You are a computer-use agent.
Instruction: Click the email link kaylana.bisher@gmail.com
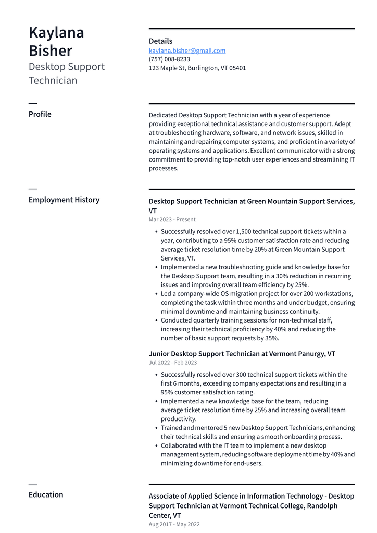tap(187, 51)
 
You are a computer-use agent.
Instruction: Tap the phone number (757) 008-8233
tap(169, 59)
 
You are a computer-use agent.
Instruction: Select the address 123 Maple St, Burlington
tap(197, 68)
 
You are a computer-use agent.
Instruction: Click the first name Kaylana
tap(56, 32)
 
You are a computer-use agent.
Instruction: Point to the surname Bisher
tap(51, 51)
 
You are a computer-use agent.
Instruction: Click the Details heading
tap(160, 41)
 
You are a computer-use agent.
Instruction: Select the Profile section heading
tap(40, 114)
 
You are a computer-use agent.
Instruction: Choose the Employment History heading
tap(64, 200)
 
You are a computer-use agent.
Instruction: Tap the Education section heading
tap(46, 494)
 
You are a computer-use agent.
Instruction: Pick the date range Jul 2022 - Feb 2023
tap(173, 363)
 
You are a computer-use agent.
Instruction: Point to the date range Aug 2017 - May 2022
tap(174, 524)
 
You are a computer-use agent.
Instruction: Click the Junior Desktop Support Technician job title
tap(204, 354)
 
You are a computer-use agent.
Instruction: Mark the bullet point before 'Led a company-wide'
tap(156, 294)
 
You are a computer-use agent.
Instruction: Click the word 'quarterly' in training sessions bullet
tap(208, 320)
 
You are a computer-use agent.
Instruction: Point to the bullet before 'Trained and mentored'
tap(156, 428)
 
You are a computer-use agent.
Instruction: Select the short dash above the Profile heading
tap(33, 103)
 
